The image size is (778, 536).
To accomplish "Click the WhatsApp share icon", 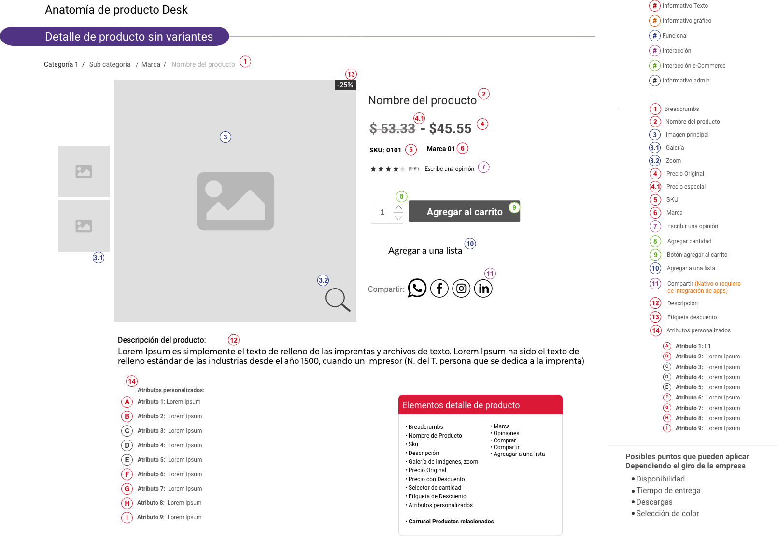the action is (x=417, y=288).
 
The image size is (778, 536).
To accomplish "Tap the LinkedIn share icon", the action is (x=483, y=289).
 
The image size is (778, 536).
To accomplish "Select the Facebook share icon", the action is (x=439, y=289).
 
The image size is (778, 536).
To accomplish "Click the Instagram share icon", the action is (x=461, y=289).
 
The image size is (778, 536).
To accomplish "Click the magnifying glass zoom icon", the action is (x=338, y=300).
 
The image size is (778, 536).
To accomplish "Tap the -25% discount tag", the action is (x=345, y=85).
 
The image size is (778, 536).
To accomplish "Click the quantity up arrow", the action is (x=398, y=207).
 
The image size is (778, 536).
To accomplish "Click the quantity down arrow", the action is (x=398, y=218).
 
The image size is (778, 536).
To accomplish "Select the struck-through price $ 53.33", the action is (x=392, y=128).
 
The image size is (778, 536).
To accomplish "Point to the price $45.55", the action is (x=450, y=128).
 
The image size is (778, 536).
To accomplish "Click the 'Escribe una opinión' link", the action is (x=449, y=169).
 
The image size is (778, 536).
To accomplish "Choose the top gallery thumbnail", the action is (x=84, y=171).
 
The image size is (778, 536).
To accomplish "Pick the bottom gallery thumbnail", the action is (x=84, y=226).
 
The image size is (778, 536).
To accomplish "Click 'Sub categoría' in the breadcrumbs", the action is (x=110, y=64).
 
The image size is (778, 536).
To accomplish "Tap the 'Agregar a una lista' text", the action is (x=425, y=250).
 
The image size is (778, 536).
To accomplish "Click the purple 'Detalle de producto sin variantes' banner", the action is (x=114, y=36).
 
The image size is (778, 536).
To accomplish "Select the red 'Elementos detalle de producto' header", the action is (x=481, y=404).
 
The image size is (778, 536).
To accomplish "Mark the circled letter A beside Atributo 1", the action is (x=127, y=402).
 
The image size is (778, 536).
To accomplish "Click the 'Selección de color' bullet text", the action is (x=667, y=513).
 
